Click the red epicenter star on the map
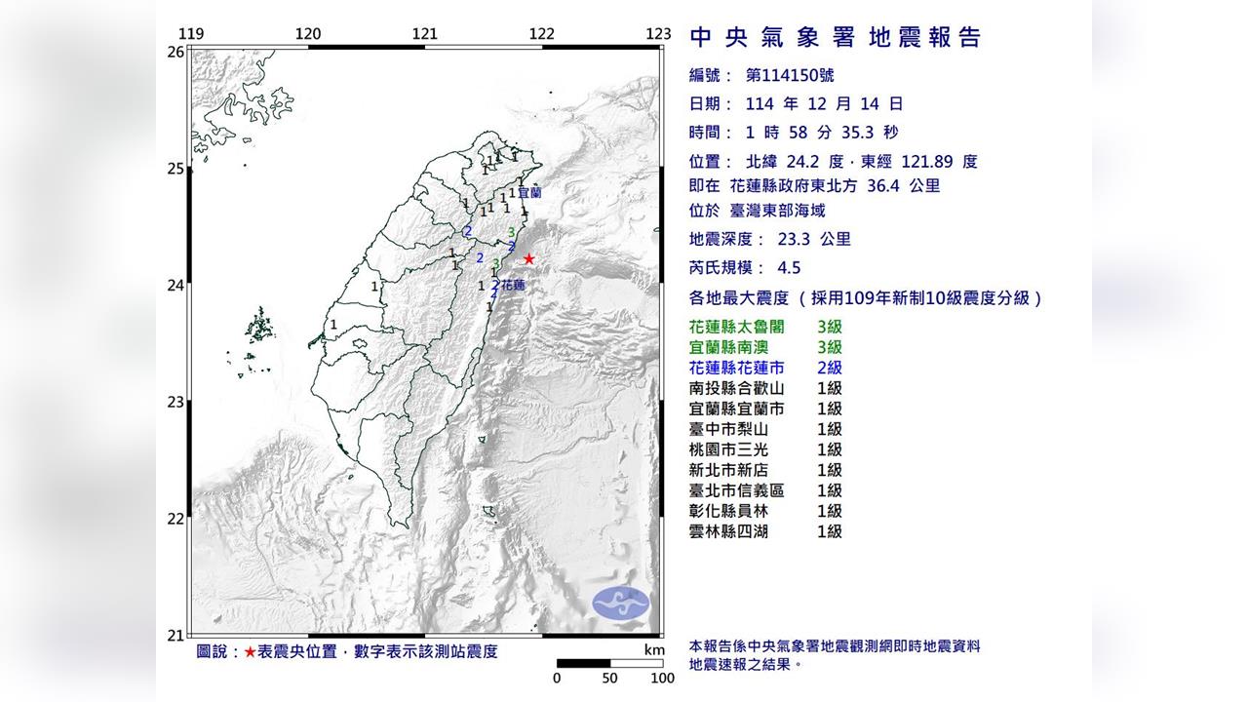(528, 258)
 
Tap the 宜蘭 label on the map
(530, 193)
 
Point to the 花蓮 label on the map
(514, 285)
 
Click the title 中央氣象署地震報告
(835, 38)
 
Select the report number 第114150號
(789, 75)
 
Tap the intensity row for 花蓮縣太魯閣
(764, 327)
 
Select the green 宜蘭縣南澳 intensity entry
(764, 347)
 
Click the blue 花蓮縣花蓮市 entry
(764, 368)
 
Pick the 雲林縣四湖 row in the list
(764, 531)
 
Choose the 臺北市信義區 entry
(764, 490)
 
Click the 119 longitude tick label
(192, 34)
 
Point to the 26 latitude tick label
(175, 52)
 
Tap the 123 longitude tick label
(658, 34)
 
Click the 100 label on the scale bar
(662, 679)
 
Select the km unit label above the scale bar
(653, 650)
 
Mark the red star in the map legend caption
(251, 651)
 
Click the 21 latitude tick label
(175, 636)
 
